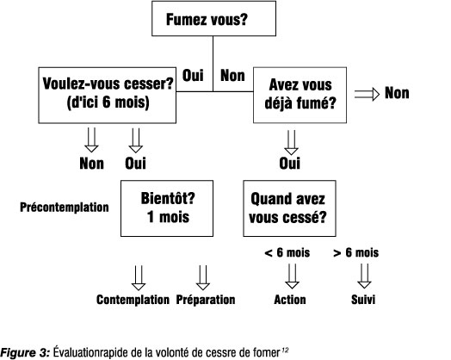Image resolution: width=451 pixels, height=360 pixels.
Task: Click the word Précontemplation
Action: point(65,208)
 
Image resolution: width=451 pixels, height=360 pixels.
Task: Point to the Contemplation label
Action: point(133,300)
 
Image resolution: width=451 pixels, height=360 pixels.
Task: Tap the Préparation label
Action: point(206,300)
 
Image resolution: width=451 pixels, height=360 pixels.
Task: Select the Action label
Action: point(290,300)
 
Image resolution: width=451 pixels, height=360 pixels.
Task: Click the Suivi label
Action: point(363,300)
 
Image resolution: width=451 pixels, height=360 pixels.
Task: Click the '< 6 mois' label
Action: point(287,252)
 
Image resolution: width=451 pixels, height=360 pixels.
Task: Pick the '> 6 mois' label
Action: point(355,252)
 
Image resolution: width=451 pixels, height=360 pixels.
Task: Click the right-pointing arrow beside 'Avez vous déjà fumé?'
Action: point(367,94)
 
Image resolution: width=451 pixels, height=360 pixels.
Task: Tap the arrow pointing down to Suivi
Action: point(364,276)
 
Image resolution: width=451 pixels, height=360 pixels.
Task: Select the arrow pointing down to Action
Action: point(292,276)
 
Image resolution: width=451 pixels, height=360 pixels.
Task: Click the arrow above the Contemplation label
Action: point(139,277)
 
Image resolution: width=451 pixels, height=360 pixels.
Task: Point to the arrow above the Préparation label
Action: point(203,277)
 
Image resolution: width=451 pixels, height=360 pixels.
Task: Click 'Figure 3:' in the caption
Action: point(25,352)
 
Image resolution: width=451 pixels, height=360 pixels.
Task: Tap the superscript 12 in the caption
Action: point(286,350)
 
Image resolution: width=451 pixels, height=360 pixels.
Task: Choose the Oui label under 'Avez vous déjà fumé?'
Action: point(290,163)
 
